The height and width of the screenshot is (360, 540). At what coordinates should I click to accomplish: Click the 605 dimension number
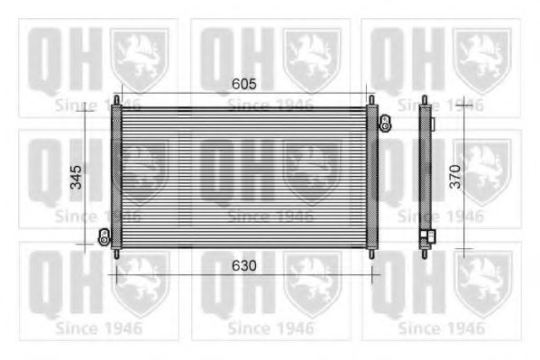[243, 84]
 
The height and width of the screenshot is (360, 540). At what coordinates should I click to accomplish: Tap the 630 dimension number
[243, 265]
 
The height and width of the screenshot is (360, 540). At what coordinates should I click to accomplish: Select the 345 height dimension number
[76, 177]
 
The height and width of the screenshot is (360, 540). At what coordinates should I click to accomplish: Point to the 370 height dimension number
[455, 177]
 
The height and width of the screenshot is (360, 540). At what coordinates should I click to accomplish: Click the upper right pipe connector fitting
[385, 124]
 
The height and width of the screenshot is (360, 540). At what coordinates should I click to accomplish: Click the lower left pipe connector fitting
[104, 237]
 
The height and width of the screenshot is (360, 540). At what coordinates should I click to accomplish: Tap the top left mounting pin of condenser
[117, 100]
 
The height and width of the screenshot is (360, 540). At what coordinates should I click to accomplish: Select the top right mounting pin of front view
[371, 100]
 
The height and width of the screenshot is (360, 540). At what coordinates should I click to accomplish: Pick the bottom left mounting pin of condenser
[117, 254]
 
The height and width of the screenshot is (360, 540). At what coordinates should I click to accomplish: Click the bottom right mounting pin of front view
[371, 254]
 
